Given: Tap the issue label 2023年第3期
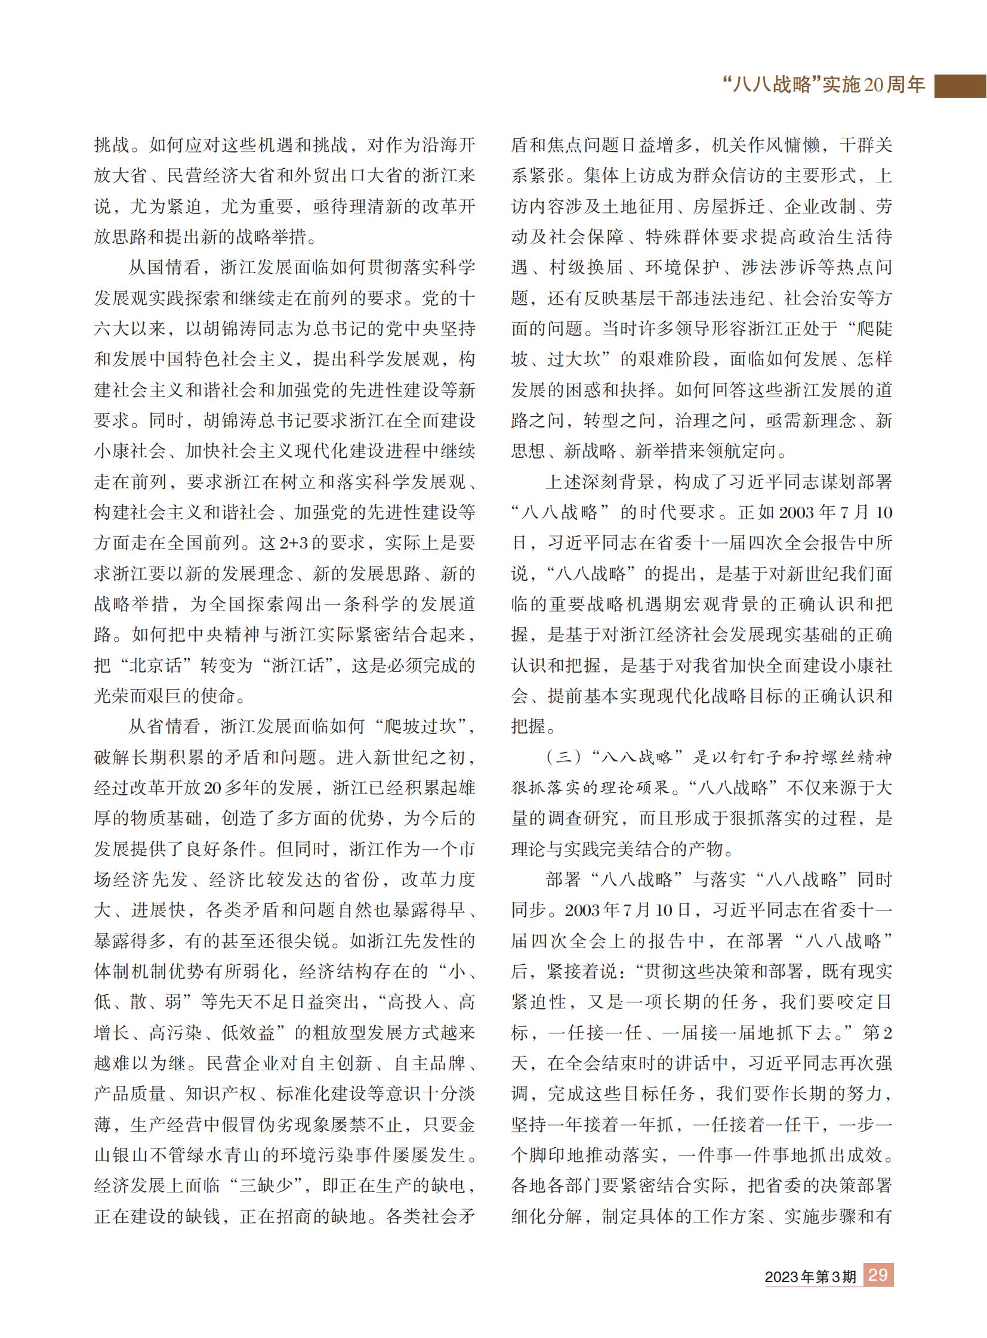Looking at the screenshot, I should point(810,1277).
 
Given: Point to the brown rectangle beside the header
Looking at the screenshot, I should point(960,86).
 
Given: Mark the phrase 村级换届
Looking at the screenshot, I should point(586,268).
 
